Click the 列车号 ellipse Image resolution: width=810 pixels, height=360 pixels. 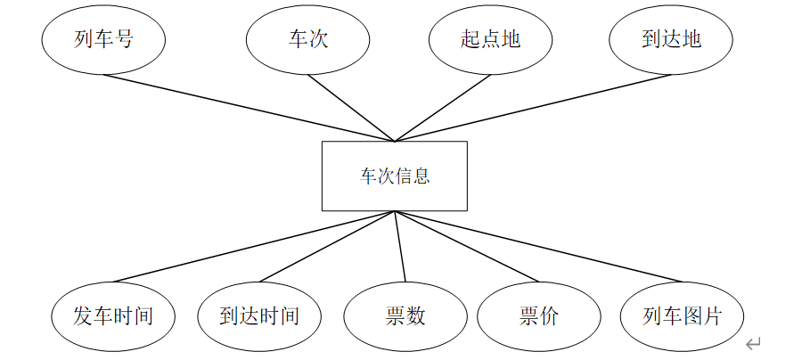[104, 39]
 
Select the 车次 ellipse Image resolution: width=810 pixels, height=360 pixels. [307, 39]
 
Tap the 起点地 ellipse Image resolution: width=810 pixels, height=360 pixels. [490, 39]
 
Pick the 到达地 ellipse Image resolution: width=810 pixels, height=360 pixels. [671, 39]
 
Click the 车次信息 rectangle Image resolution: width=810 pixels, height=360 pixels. [394, 176]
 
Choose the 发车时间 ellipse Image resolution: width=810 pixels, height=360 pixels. [113, 316]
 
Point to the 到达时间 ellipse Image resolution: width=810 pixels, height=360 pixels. [258, 316]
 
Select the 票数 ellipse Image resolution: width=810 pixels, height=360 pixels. [405, 316]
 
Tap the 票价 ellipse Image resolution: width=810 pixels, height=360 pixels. [538, 316]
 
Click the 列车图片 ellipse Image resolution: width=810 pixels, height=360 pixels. [682, 316]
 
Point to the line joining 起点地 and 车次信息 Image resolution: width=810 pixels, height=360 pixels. [442, 108]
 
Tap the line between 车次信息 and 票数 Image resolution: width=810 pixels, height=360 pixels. [399, 247]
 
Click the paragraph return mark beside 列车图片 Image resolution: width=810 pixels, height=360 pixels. [754, 343]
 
